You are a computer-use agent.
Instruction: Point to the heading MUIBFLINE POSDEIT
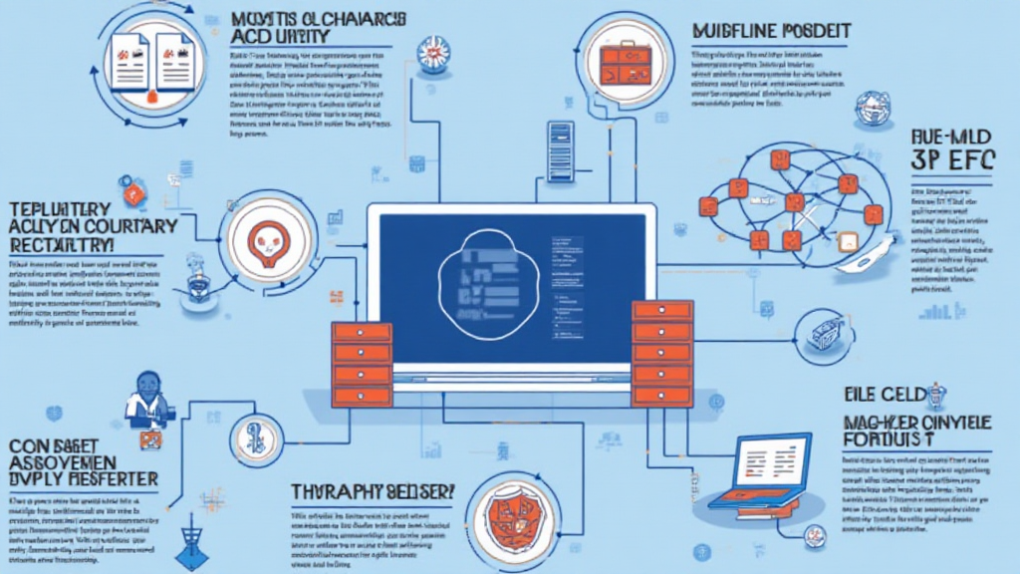coord(769,31)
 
